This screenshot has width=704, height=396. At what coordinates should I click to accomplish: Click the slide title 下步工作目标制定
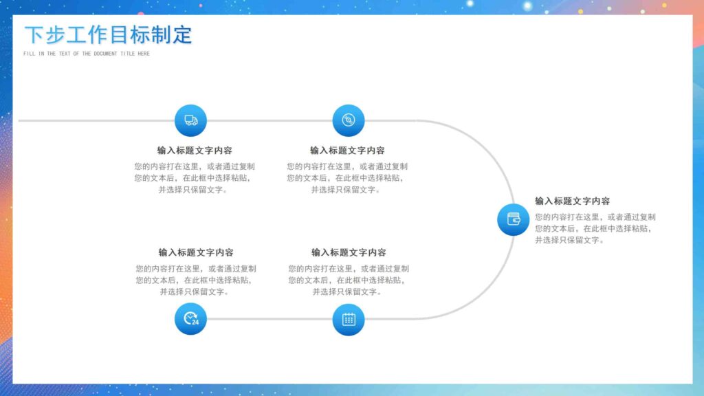108,35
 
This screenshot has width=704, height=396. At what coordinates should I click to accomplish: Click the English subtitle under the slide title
86,54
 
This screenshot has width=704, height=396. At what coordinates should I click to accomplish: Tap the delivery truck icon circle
190,120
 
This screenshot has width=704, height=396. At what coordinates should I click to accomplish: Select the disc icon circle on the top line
349,120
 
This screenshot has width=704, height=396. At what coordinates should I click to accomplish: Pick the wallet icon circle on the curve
514,219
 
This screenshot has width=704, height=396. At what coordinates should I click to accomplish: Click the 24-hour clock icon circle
190,319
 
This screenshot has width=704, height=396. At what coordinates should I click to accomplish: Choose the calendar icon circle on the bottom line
349,319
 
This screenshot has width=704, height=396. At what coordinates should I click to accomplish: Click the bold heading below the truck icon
195,151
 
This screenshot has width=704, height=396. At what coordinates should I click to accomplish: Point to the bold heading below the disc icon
347,151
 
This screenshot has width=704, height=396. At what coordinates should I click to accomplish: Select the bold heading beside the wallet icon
572,201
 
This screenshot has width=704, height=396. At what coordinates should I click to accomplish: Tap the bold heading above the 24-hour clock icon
196,252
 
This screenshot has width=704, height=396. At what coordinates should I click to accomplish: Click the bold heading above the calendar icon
349,252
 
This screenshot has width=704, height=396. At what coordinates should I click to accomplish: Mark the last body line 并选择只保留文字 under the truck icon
193,190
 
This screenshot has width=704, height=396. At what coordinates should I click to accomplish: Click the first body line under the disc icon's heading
347,166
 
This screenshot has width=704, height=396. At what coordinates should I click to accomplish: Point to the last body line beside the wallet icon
570,241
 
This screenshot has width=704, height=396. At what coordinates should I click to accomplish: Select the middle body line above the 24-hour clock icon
193,280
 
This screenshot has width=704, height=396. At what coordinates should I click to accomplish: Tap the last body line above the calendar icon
347,292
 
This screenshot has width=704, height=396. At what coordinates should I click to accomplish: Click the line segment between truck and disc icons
269,120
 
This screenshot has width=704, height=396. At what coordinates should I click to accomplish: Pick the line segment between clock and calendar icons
269,319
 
